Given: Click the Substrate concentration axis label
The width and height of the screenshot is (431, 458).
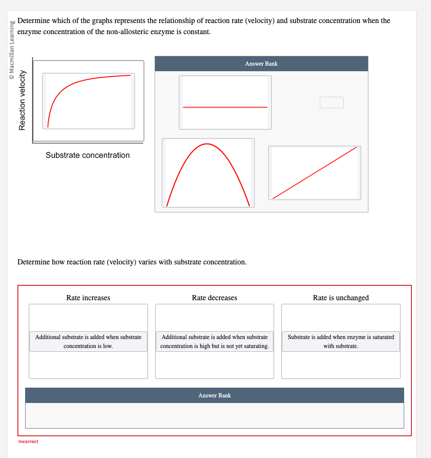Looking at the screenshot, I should (x=88, y=155).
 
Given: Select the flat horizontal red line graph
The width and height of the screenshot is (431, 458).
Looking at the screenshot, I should (x=225, y=103).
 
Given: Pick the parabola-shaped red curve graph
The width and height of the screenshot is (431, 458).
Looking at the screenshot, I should (x=208, y=173).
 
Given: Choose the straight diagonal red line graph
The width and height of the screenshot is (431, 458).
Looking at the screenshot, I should (x=314, y=173).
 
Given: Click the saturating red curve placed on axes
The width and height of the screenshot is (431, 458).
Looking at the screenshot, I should (x=89, y=101).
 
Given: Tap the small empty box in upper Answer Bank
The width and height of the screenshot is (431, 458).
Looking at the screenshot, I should (x=331, y=103).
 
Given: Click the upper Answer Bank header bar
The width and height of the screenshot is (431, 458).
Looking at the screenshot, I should (x=261, y=64).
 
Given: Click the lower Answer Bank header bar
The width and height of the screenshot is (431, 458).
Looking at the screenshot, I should (x=214, y=395).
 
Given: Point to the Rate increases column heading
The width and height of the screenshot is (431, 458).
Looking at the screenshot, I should (x=88, y=298).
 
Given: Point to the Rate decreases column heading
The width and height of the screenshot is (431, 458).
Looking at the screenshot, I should (x=214, y=298).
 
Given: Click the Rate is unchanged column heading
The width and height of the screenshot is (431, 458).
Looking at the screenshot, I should (x=341, y=298).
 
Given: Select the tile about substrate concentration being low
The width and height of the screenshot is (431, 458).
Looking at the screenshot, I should (x=88, y=342).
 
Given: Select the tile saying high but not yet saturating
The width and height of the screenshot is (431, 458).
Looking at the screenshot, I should (x=214, y=342).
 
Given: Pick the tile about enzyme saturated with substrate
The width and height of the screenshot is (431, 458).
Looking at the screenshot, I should (x=341, y=342).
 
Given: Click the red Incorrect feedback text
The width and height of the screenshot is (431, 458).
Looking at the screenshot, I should (x=28, y=441).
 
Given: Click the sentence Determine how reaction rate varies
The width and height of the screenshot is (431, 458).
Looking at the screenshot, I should (x=132, y=262).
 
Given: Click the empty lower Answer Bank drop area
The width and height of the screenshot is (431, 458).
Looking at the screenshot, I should (x=214, y=415).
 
